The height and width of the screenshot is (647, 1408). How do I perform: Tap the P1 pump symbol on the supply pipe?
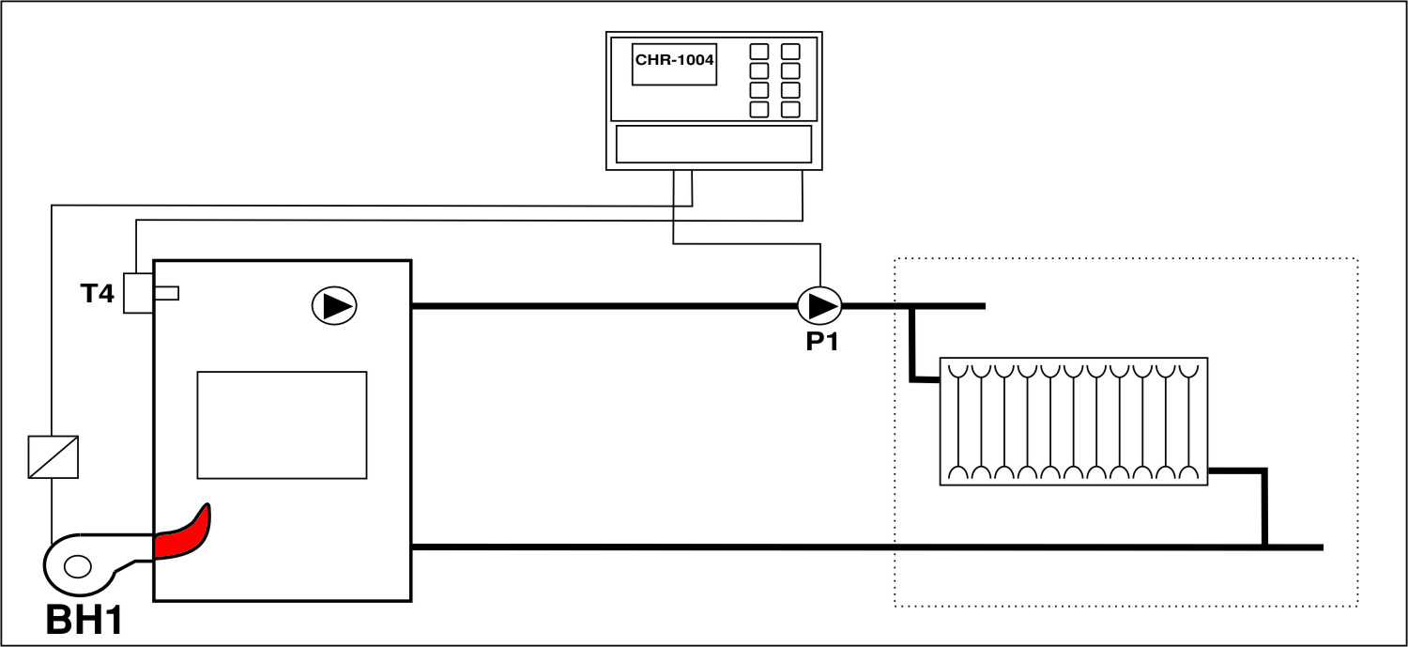pos(819,305)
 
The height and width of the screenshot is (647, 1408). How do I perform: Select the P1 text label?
pos(820,341)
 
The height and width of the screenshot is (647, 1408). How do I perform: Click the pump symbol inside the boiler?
pos(334,306)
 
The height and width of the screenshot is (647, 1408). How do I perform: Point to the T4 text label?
pos(97,294)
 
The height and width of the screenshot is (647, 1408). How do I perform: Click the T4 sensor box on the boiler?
pos(138,293)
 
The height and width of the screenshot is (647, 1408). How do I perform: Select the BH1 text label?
pos(84,621)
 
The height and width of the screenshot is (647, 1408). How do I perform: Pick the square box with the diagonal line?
pos(54,456)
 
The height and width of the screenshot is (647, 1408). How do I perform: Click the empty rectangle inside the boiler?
pos(282,424)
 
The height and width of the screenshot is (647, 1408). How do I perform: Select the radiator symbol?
pos(1073,421)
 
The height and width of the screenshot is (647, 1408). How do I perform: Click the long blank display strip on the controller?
pos(713,144)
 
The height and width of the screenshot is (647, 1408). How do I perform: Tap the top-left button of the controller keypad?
pos(759,52)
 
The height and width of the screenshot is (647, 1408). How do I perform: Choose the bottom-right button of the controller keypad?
pos(790,109)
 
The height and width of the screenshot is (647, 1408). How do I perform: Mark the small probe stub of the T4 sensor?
pos(167,293)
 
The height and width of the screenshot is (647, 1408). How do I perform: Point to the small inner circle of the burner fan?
pos(77,566)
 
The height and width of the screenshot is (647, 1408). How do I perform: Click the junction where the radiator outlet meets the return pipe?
pos(1264,547)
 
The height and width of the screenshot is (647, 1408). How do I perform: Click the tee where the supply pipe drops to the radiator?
pos(911,306)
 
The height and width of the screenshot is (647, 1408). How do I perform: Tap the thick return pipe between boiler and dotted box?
pos(648,547)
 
